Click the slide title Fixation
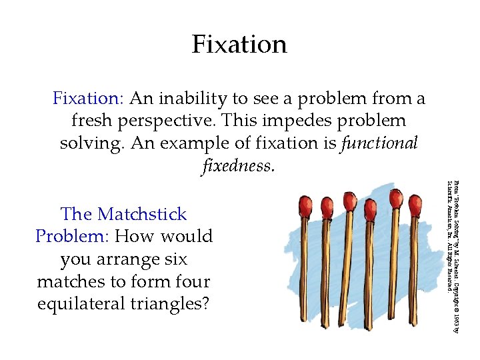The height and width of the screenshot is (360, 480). click(x=239, y=45)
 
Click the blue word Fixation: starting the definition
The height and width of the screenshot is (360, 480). click(x=88, y=99)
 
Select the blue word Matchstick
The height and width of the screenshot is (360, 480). click(x=142, y=215)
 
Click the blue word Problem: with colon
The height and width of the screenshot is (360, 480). click(x=73, y=237)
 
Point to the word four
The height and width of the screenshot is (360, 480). click(x=189, y=281)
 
